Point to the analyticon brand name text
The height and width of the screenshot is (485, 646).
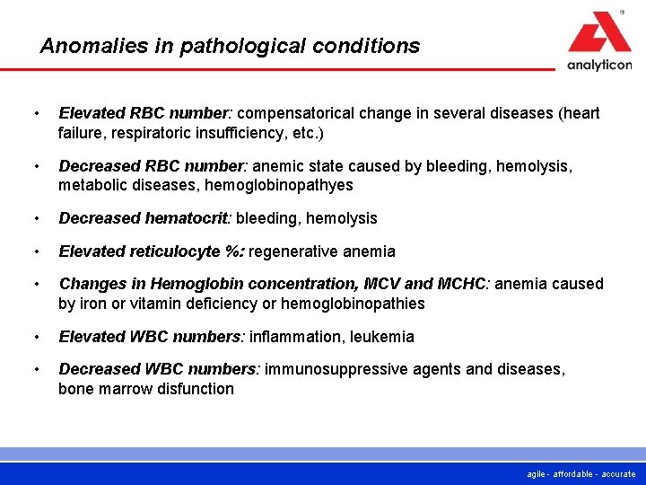pos(599,65)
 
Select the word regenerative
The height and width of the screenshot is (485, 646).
pos(292,251)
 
